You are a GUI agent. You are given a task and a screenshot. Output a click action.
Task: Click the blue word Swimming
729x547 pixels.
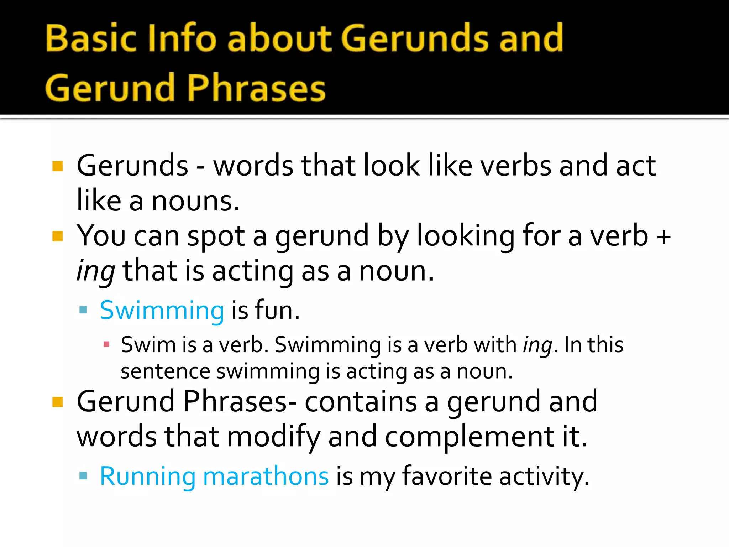[x=162, y=311]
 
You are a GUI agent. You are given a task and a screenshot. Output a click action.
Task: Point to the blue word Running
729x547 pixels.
[x=147, y=476]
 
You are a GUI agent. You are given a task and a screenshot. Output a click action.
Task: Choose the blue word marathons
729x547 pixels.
[x=266, y=476]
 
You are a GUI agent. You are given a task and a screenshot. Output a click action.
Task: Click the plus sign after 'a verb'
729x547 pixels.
[x=664, y=236]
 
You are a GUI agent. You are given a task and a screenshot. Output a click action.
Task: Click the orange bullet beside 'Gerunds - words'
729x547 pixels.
[x=57, y=166]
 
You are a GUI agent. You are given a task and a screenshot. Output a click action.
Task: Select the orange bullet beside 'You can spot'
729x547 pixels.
[x=57, y=236]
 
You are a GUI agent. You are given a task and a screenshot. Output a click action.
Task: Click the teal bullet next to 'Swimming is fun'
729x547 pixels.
[x=83, y=309]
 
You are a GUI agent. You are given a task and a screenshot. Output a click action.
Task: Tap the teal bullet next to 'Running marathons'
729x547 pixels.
[x=83, y=475]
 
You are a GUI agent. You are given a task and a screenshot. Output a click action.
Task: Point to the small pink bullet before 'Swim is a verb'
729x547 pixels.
[x=106, y=344]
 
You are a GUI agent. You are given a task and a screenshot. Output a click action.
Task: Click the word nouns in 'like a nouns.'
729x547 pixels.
[x=195, y=202]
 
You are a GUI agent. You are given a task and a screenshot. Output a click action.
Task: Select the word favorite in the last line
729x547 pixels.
[x=446, y=476]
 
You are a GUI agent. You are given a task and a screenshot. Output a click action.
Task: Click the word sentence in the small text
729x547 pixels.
[x=166, y=371]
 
